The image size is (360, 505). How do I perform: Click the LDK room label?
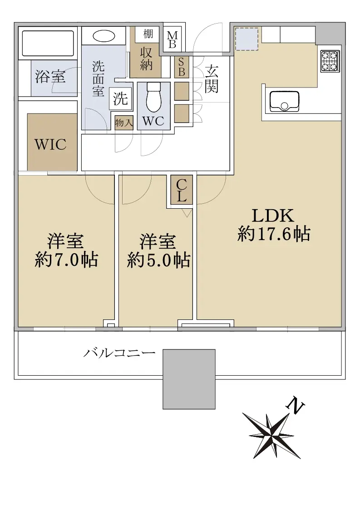[x=273, y=216]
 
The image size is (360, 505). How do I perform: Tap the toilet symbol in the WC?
[x=153, y=97]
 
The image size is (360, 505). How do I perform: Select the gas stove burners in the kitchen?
[x=330, y=61]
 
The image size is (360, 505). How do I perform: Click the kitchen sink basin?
[x=284, y=101]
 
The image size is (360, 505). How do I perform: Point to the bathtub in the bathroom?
[x=48, y=44]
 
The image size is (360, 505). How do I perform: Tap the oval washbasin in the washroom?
[x=104, y=36]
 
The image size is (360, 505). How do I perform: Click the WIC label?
[x=50, y=144]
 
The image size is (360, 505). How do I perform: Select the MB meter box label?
[x=173, y=39]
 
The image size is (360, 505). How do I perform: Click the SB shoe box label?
[x=182, y=67]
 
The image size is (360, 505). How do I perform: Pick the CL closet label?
[x=182, y=190]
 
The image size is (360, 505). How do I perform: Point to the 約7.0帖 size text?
[x=66, y=260]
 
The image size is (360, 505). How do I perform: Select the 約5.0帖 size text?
[x=158, y=260]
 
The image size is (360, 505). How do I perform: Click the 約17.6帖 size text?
[x=274, y=234]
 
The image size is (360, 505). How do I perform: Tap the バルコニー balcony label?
[x=119, y=353]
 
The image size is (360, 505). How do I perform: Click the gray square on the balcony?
[x=189, y=379]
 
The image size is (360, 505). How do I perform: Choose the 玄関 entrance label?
[x=212, y=79]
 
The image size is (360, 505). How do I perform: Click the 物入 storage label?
[x=124, y=123]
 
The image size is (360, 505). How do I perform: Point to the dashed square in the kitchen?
[x=247, y=39]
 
